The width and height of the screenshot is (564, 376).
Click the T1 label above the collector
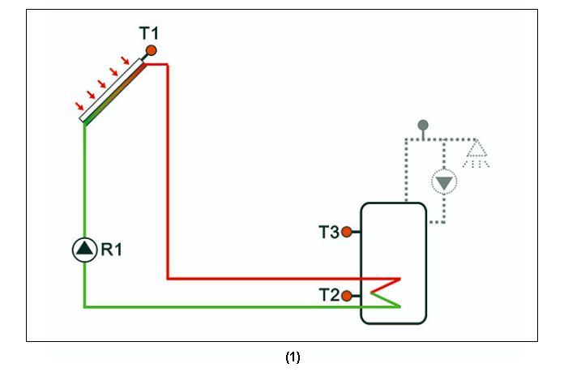(x=149, y=33)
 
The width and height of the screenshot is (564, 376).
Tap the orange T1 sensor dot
(x=151, y=51)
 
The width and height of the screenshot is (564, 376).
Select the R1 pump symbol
(x=84, y=250)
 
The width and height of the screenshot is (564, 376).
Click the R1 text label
(x=110, y=250)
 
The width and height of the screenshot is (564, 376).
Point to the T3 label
(x=328, y=232)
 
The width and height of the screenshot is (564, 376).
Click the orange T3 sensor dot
(x=347, y=232)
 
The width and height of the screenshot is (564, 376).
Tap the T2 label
(x=328, y=296)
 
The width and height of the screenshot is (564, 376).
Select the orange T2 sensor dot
(x=347, y=296)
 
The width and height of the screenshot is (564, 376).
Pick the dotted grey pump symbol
(x=442, y=182)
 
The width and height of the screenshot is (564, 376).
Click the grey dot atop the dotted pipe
(x=422, y=125)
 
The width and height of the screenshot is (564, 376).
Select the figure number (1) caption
(x=293, y=357)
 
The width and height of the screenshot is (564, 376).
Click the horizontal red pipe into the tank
(x=276, y=279)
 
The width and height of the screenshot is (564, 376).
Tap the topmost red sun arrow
(x=125, y=60)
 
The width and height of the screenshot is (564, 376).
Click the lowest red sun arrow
(x=79, y=106)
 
